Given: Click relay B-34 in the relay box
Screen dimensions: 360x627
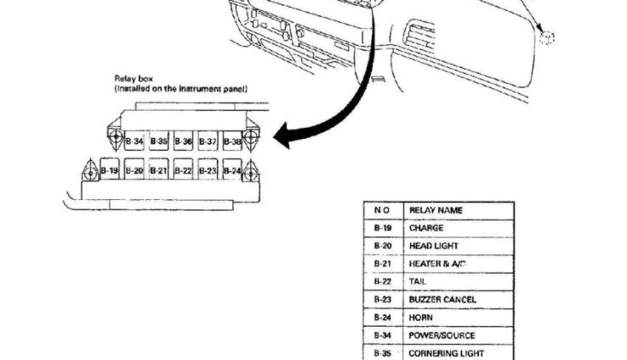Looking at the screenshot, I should (134, 141).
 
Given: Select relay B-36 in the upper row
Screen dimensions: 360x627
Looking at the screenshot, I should (183, 141).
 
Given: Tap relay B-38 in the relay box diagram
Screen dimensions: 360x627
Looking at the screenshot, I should (232, 141).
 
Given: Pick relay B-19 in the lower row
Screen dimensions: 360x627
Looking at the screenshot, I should (109, 171).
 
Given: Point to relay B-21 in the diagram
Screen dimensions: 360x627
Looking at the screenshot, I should (158, 171).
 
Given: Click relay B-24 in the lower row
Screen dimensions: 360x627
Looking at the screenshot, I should (232, 171).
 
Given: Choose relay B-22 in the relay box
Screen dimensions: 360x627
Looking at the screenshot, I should (183, 171).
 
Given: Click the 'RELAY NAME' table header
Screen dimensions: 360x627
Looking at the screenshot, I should (436, 209).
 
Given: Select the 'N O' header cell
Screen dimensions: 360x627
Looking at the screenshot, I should (382, 209).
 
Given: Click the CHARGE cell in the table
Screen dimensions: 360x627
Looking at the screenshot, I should (426, 228).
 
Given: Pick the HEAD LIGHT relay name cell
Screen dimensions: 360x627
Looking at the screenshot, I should (434, 246).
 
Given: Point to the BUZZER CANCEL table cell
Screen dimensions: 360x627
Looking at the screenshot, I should (442, 300).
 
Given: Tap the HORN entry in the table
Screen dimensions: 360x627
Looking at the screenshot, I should (421, 317).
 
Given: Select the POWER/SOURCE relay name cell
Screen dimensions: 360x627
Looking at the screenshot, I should (442, 335).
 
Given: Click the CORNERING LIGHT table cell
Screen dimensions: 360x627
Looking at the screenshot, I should (447, 353).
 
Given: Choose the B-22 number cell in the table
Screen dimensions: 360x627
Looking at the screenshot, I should (382, 282).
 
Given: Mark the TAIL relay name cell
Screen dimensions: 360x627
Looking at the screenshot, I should (419, 282).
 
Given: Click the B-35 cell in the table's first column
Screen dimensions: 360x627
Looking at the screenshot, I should (382, 353).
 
